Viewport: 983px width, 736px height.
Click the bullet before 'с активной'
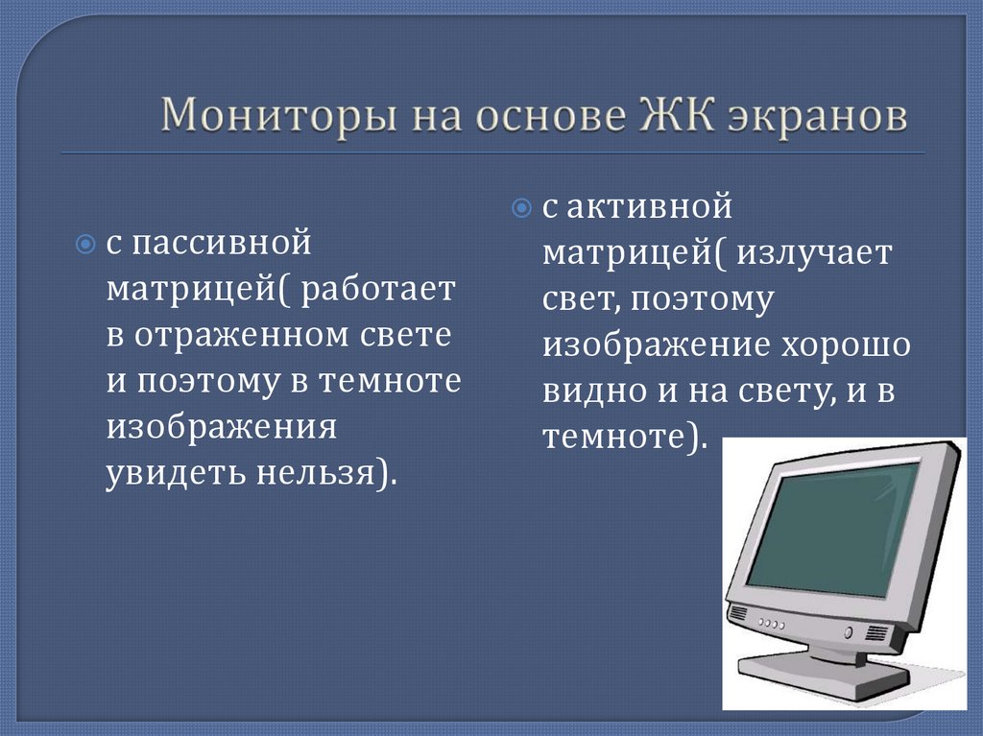click(521, 206)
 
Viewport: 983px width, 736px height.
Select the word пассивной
click(222, 243)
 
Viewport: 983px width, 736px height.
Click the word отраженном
click(240, 335)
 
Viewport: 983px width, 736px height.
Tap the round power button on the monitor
click(848, 632)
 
